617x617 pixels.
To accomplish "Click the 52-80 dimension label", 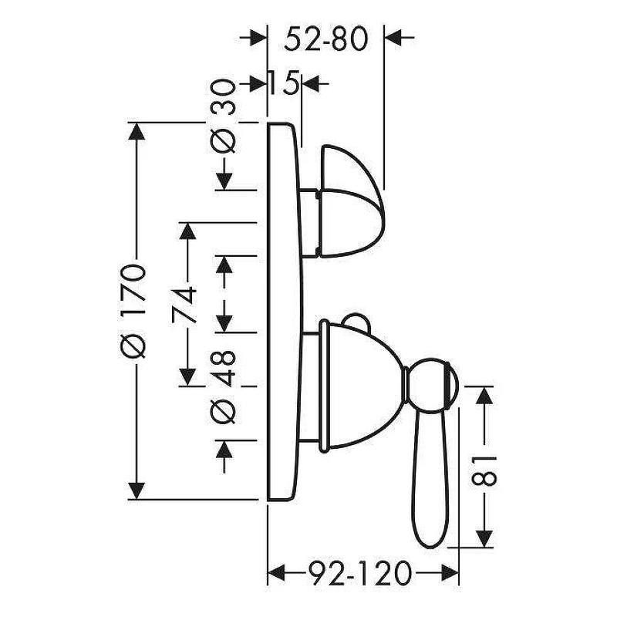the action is tap(325, 39).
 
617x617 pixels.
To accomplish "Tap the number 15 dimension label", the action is tap(284, 83).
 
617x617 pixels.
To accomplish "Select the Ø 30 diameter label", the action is tap(223, 116).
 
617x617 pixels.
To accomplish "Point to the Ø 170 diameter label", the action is tap(133, 312).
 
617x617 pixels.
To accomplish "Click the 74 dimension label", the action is tap(184, 305).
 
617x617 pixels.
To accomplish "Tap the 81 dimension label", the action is tap(484, 471).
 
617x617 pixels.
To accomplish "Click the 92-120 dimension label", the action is tap(359, 573).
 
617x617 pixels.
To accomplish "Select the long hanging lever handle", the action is tap(430, 480).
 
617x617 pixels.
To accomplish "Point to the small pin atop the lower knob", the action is tap(357, 320).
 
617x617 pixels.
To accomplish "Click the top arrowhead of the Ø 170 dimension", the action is tap(137, 131).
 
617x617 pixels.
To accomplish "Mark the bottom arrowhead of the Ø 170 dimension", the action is tap(137, 491).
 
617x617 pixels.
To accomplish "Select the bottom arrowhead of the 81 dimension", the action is tap(484, 538).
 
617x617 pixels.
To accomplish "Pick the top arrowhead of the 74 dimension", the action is tap(187, 231).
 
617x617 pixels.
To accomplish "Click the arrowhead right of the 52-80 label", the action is tap(393, 37).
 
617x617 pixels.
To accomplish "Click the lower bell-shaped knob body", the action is tap(360, 386).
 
